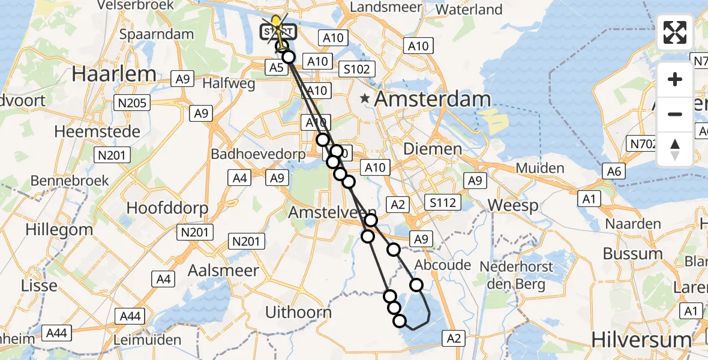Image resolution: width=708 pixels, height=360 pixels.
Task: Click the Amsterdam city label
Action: pyautogui.click(x=433, y=99)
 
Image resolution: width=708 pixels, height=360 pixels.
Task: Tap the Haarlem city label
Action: pyautogui.click(x=114, y=74)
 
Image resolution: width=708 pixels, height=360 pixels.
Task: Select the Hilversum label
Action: pyautogui.click(x=641, y=340)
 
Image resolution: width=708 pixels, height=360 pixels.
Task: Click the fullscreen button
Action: pyautogui.click(x=675, y=32)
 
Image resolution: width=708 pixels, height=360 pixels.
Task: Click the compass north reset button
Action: pyautogui.click(x=675, y=149)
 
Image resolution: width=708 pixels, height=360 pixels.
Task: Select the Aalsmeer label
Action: pyautogui.click(x=223, y=271)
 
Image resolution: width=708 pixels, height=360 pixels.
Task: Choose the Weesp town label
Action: pyautogui.click(x=513, y=206)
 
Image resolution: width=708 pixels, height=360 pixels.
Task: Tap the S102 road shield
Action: pyautogui.click(x=357, y=69)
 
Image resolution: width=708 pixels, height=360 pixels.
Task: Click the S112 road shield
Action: pyautogui.click(x=442, y=203)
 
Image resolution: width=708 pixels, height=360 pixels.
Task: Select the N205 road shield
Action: pyautogui.click(x=130, y=103)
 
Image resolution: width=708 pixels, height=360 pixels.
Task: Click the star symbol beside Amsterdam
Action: pyautogui.click(x=365, y=98)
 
